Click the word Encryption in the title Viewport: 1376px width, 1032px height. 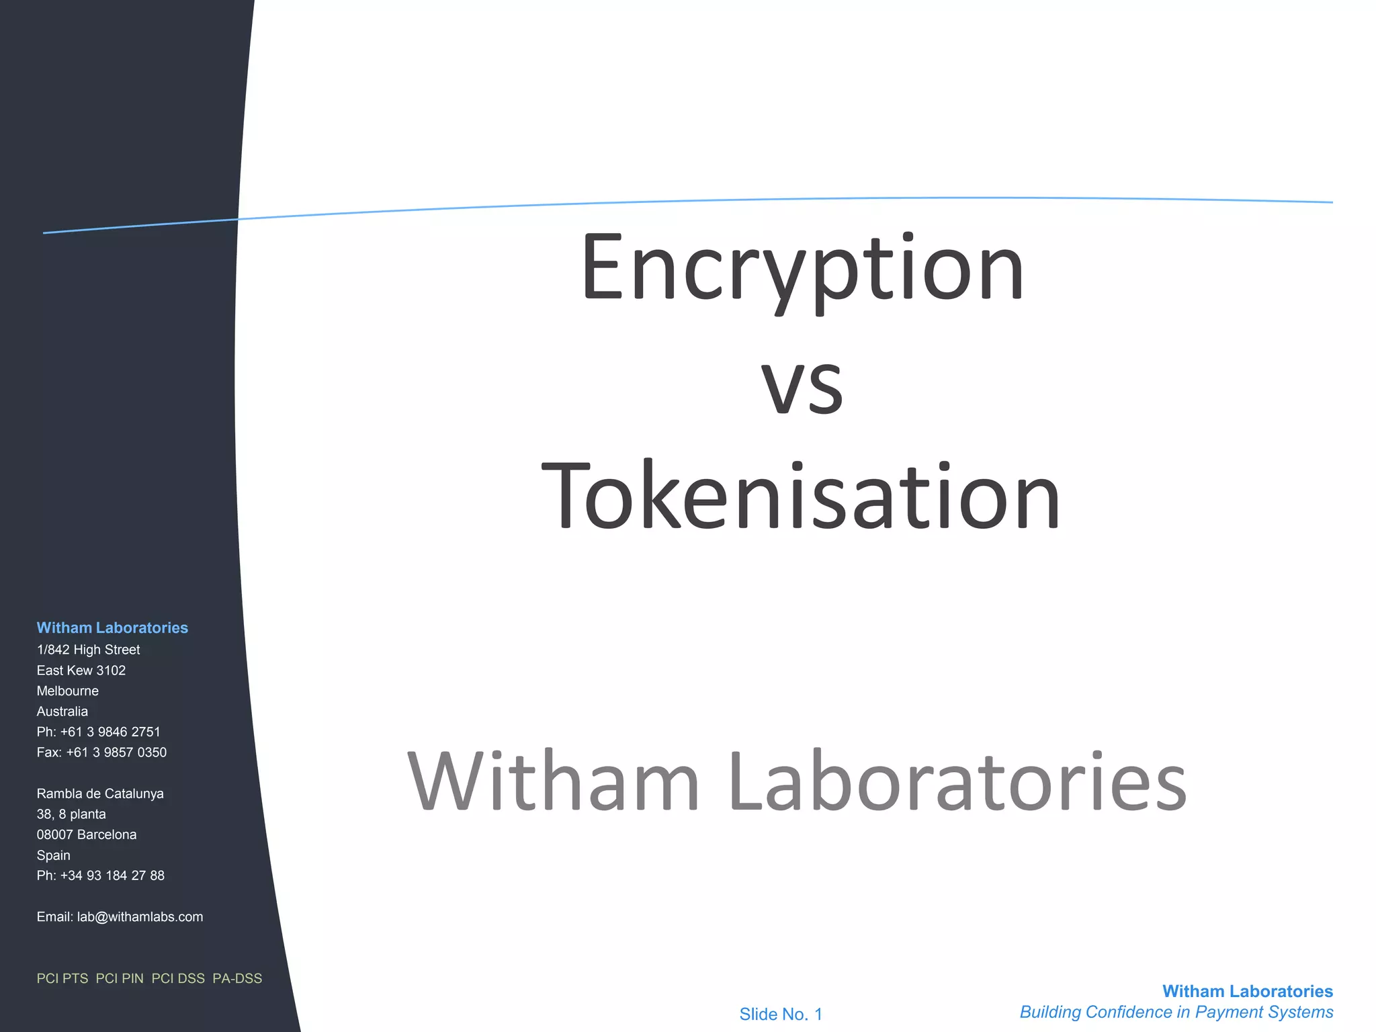click(x=802, y=269)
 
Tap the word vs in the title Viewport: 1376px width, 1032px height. click(x=802, y=386)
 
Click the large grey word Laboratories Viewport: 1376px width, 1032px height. click(x=957, y=782)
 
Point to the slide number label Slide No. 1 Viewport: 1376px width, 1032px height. click(x=781, y=1014)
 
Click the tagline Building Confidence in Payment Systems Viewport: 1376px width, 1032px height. click(x=1176, y=1012)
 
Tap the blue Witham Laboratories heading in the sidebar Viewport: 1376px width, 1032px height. click(x=112, y=628)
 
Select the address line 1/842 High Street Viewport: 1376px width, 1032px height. click(x=88, y=650)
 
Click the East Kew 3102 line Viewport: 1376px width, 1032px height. click(x=81, y=671)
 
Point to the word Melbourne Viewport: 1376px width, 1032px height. click(x=68, y=691)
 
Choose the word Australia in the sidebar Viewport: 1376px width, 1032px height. click(x=62, y=712)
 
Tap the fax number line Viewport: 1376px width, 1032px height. click(x=101, y=752)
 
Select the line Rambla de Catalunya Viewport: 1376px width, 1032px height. click(x=100, y=793)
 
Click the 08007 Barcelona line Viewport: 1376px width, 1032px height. click(x=87, y=834)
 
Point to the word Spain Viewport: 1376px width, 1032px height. click(x=54, y=855)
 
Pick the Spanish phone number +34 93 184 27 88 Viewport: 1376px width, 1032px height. click(x=112, y=875)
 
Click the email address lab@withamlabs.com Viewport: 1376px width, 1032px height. click(x=140, y=917)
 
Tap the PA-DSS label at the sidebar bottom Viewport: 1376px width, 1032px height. click(x=237, y=978)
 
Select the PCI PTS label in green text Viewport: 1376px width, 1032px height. click(x=62, y=978)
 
